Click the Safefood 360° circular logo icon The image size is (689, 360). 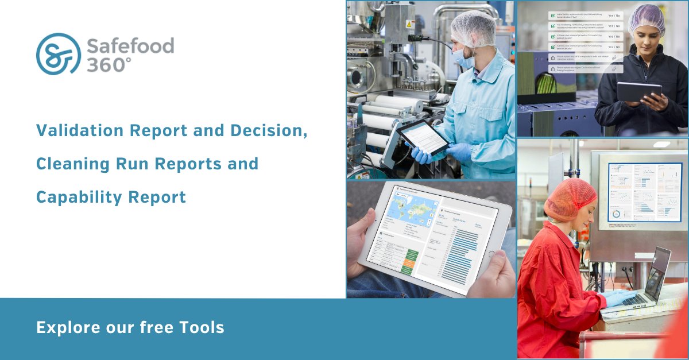[x=57, y=54]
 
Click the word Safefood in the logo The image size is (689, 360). [x=130, y=45]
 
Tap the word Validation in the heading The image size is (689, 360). [x=80, y=131]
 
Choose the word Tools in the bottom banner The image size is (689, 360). [x=200, y=328]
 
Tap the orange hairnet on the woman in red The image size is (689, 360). [x=570, y=198]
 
